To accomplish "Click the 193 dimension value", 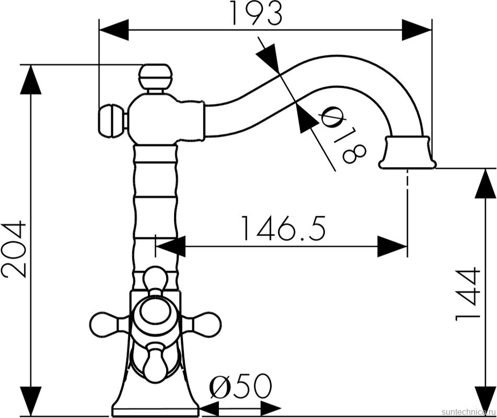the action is (257, 13).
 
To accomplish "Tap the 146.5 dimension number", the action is (284, 228).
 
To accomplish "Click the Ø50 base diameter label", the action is (241, 386).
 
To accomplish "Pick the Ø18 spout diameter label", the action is (343, 134).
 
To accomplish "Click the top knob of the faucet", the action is (155, 76).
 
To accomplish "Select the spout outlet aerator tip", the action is (407, 152).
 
